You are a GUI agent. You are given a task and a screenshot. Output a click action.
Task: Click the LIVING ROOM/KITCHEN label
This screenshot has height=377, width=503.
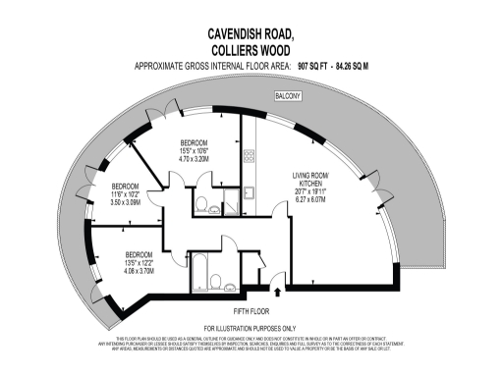[315, 180]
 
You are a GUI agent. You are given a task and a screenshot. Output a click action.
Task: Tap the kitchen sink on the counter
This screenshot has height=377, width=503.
[249, 192]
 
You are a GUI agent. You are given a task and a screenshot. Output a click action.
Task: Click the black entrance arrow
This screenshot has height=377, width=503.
[286, 290]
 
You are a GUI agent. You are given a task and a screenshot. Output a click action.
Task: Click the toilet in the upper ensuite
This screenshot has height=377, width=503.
[201, 206]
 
